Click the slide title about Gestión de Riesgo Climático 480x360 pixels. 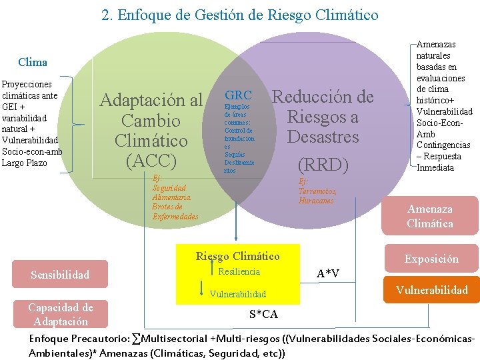click(x=240, y=15)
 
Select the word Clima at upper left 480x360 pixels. click(x=33, y=62)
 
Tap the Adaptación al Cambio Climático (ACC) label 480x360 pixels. click(x=151, y=130)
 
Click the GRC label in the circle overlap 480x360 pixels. click(x=238, y=95)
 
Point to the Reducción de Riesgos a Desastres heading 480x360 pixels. click(x=323, y=117)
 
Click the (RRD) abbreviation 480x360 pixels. click(x=323, y=164)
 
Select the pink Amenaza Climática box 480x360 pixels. click(x=429, y=217)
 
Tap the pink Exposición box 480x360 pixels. click(x=431, y=259)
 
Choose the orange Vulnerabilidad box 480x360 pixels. click(x=431, y=290)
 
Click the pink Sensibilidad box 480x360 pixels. click(x=60, y=274)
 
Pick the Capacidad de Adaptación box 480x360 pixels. click(x=60, y=314)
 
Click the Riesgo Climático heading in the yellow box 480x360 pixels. click(x=237, y=256)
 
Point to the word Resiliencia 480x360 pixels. click(x=239, y=271)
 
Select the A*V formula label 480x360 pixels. click(x=327, y=273)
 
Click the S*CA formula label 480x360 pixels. click(x=263, y=313)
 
